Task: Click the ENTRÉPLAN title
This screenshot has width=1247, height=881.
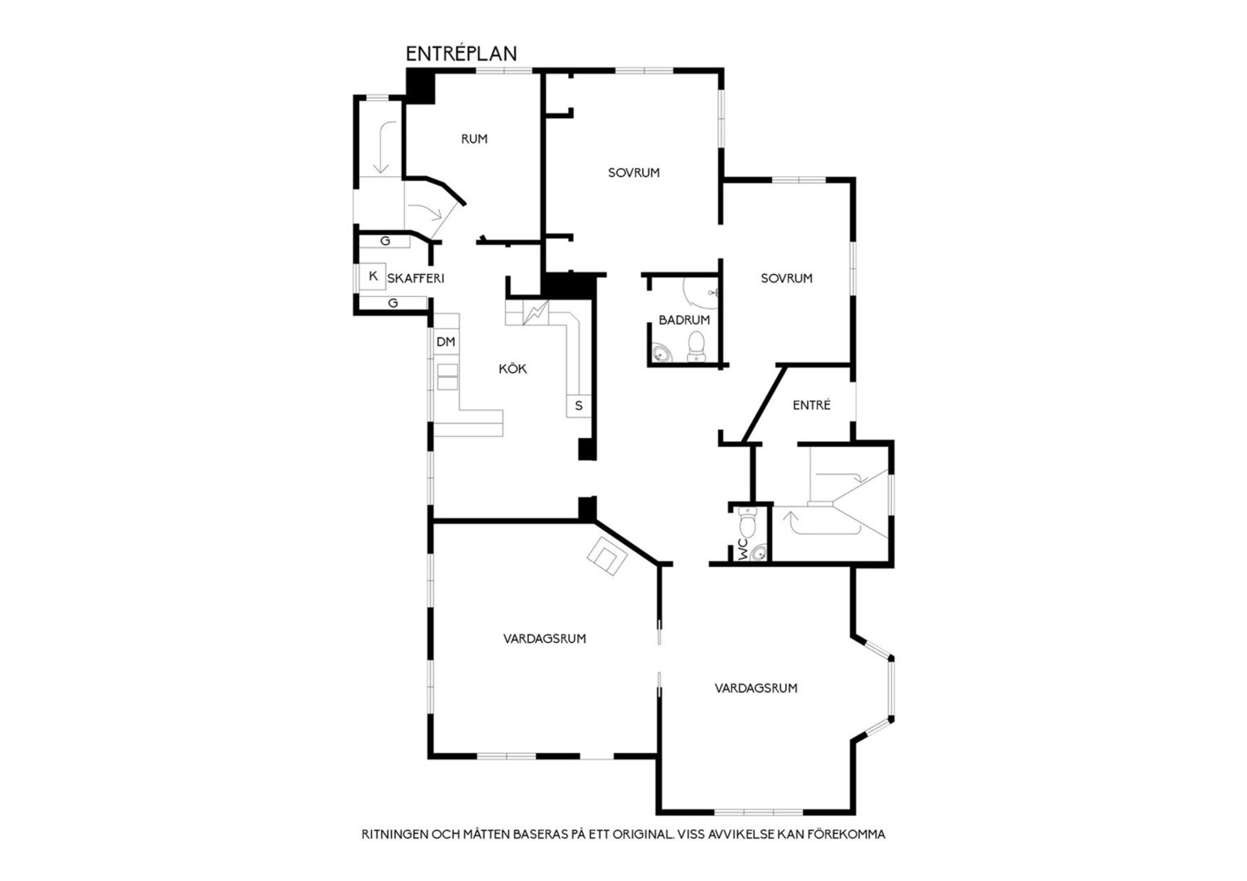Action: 461,53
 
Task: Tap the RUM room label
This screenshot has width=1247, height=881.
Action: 474,139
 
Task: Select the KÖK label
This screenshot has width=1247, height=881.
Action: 513,369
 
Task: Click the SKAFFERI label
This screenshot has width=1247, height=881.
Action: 416,278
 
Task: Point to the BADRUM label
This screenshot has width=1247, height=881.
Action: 684,320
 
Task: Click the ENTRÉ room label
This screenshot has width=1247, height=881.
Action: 811,405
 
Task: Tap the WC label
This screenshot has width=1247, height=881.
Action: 743,549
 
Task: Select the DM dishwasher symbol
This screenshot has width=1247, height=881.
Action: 446,342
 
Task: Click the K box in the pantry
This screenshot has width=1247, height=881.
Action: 372,276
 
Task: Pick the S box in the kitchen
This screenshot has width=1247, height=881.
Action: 579,405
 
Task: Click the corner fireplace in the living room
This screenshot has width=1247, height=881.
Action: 607,556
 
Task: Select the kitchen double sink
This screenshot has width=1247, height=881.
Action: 447,377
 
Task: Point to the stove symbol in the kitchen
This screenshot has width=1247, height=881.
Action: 535,313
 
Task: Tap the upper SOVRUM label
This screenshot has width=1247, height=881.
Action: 633,172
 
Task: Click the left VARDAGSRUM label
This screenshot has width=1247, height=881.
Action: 544,639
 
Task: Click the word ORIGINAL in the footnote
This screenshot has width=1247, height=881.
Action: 642,835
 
